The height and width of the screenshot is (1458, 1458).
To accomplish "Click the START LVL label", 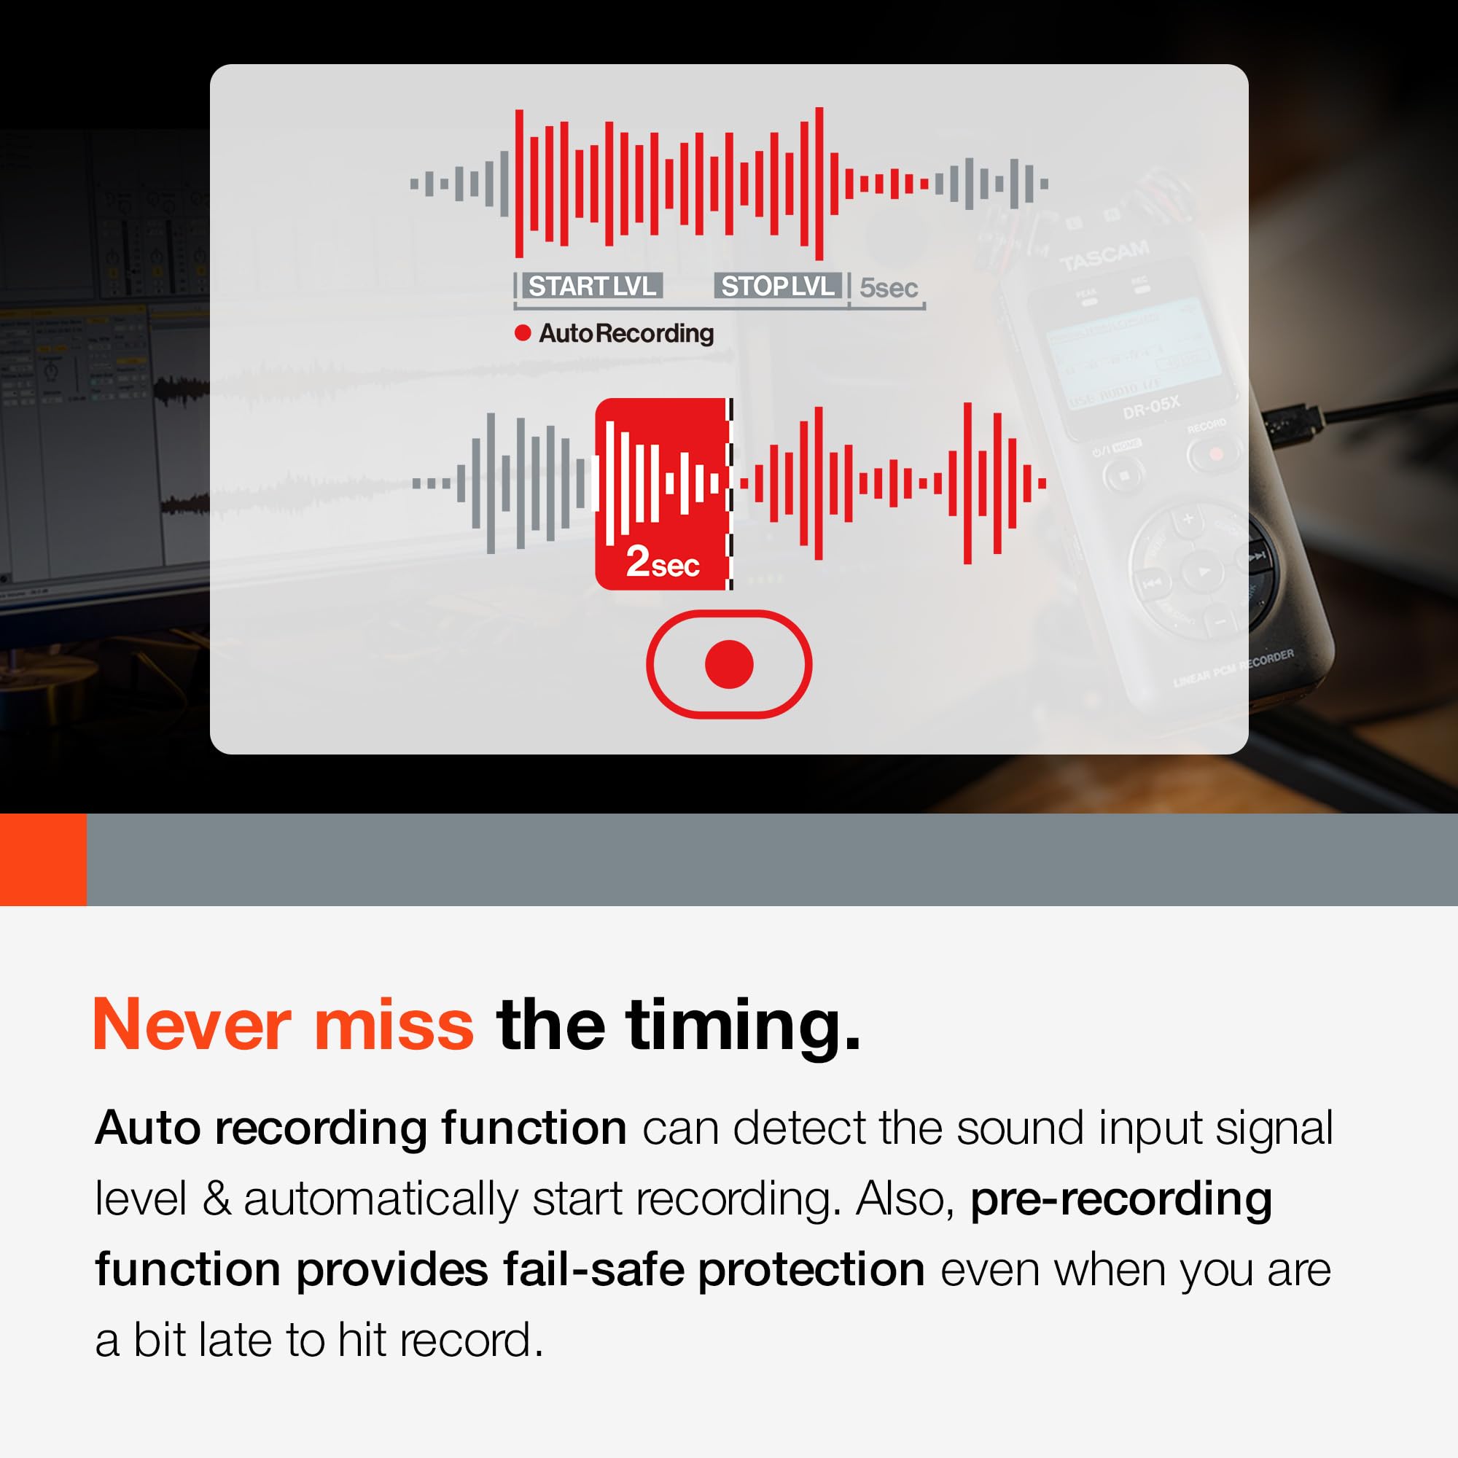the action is [593, 286].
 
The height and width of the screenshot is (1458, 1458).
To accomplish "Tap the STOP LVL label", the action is [777, 286].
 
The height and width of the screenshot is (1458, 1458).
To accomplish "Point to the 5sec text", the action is [889, 287].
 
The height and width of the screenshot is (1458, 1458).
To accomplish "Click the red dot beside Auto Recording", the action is [522, 333].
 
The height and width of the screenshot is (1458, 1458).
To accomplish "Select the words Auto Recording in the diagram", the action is [626, 333].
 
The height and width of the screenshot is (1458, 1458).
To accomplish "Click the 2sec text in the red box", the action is [663, 561].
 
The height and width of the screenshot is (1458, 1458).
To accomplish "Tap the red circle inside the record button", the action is [729, 664].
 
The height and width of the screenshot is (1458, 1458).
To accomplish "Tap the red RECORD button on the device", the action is [1215, 453].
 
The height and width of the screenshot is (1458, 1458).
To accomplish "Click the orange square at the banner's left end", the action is [43, 859].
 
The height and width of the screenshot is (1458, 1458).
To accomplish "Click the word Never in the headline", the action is [192, 1025].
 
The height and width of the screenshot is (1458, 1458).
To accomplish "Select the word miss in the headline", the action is [394, 1025].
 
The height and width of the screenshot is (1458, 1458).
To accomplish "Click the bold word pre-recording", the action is [1120, 1198].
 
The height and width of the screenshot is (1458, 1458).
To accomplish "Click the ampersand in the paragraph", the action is [216, 1198].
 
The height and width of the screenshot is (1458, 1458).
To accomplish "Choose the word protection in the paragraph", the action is [811, 1270].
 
